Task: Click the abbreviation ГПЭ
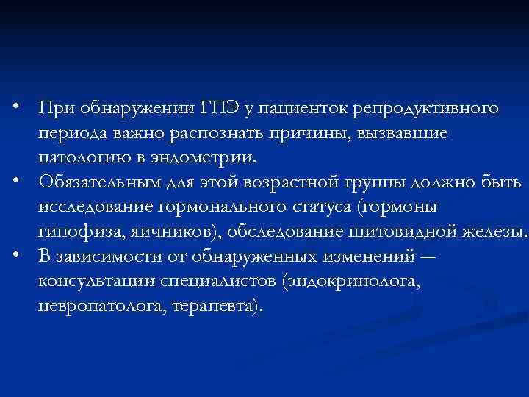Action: coord(219,109)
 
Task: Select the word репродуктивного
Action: coord(426,109)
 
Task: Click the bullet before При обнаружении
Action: coord(25,109)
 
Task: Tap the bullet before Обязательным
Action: coord(25,181)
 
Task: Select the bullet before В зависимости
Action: coord(25,254)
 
